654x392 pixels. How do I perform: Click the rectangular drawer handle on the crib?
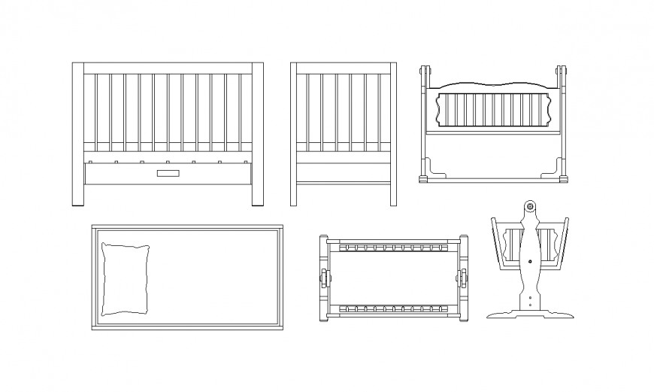tap(168, 174)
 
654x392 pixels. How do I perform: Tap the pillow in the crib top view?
tap(125, 278)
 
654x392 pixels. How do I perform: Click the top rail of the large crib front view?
tap(167, 68)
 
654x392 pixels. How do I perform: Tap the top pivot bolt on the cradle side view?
tap(530, 206)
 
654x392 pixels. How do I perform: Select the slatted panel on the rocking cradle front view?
tap(493, 110)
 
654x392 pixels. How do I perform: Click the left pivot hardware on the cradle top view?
tap(325, 277)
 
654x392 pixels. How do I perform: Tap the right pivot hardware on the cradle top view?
tap(462, 277)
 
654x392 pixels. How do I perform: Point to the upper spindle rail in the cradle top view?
tap(393, 247)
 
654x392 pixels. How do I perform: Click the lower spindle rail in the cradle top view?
tap(393, 308)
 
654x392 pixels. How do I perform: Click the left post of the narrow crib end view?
tap(294, 134)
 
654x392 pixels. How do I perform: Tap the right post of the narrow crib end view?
tap(393, 134)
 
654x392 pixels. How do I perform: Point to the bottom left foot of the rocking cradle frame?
tap(424, 179)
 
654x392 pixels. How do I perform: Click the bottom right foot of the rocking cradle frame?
tap(562, 179)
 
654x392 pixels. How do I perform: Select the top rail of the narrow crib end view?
tap(344, 68)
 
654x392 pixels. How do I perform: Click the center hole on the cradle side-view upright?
tap(531, 262)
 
